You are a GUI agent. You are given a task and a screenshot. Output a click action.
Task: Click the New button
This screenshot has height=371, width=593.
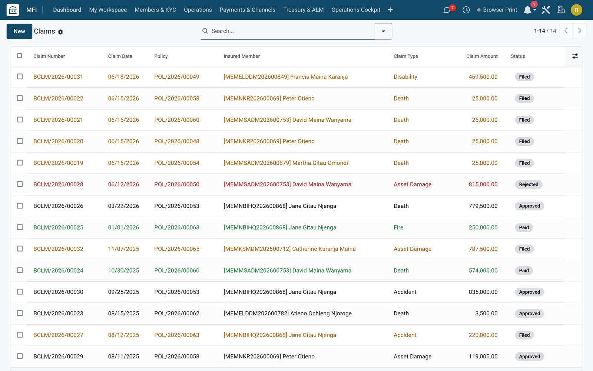pos(19,31)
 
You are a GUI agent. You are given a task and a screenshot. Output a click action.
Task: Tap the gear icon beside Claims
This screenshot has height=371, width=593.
pos(60,32)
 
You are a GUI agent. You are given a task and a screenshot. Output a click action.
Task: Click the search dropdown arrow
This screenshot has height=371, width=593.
pos(383,31)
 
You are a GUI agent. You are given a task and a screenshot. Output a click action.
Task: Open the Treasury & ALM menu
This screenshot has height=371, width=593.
pos(304,10)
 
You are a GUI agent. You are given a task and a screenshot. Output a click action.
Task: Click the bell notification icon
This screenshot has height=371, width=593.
pos(527,10)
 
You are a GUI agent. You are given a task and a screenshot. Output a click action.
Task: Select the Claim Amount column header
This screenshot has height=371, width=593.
pos(482,56)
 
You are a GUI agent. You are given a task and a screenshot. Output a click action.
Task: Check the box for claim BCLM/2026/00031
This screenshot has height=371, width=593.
pos(20,76)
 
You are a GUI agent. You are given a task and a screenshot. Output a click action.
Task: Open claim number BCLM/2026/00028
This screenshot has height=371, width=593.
pos(58,184)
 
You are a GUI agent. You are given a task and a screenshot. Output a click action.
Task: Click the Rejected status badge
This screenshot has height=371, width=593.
pos(529,184)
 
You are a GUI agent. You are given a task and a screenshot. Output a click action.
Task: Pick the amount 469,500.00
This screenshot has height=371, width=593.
pos(483,77)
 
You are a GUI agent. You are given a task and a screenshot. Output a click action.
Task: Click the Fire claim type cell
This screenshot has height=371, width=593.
pos(398,227)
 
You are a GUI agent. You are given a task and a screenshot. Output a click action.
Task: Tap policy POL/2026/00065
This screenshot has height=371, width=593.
pos(176,249)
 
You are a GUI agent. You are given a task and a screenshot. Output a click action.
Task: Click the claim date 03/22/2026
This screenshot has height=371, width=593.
pos(123,206)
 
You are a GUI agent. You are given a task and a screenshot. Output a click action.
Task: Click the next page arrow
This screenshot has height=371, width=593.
pos(580,31)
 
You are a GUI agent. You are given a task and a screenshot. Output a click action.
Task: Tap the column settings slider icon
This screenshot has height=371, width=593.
pos(575,56)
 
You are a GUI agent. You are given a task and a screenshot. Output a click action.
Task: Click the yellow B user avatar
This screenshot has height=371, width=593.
pos(576,10)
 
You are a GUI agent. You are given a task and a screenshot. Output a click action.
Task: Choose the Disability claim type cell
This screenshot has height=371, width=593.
pos(405,77)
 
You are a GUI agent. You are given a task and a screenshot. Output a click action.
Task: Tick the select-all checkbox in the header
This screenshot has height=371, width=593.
pos(19,56)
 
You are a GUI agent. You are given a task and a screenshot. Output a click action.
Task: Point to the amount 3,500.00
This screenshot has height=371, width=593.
pos(486,313)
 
